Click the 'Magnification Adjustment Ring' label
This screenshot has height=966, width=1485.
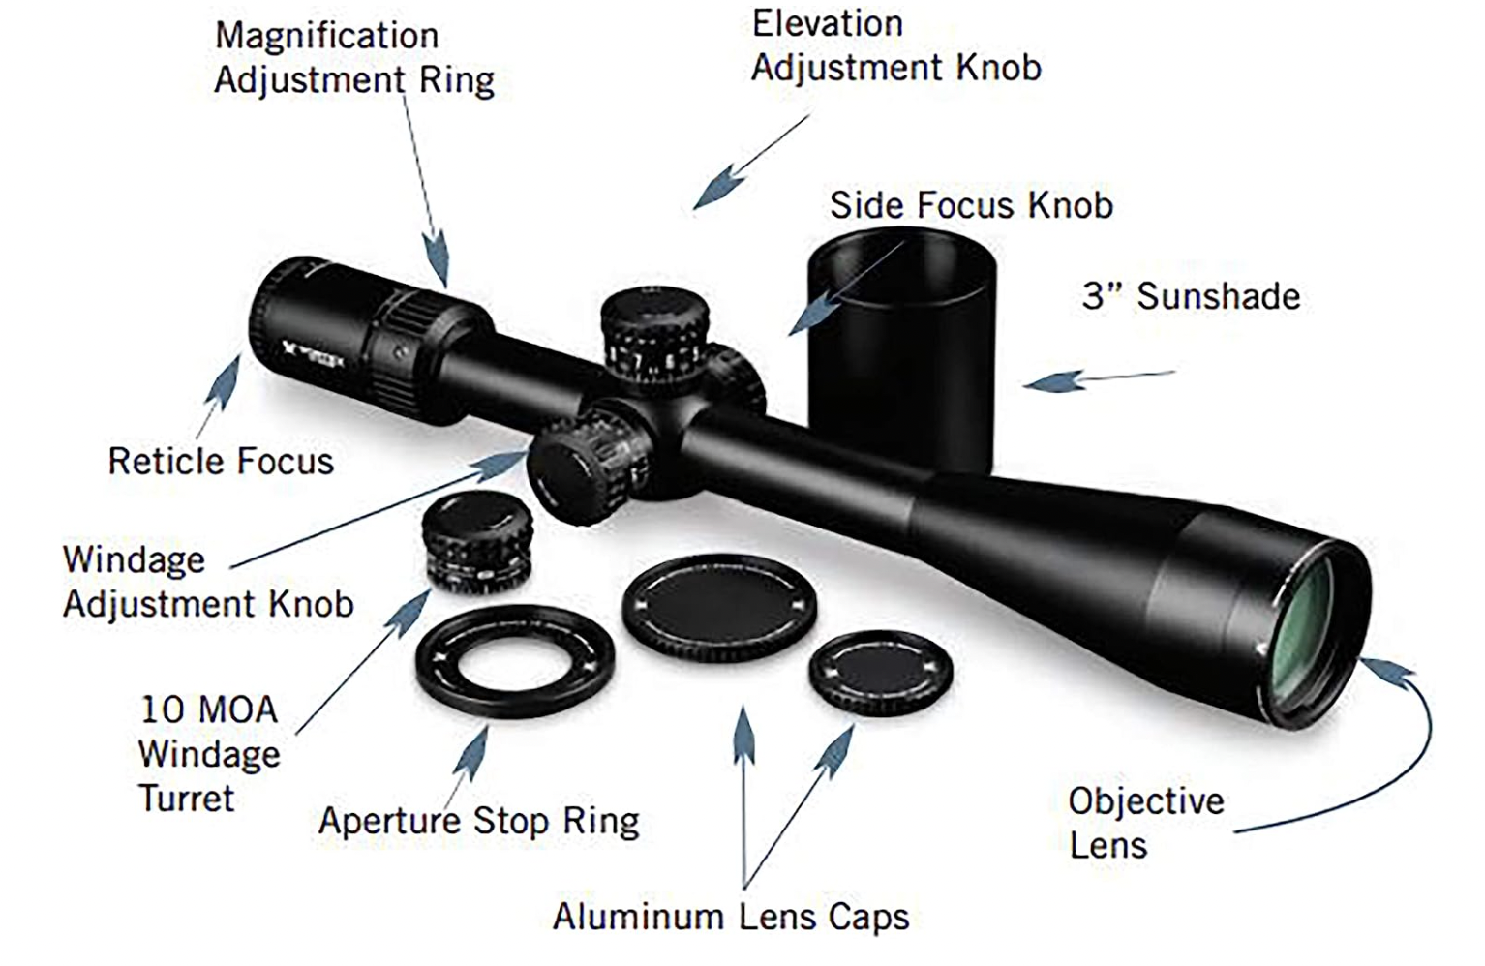(x=353, y=58)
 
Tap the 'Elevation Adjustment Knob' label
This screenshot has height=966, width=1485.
(x=895, y=45)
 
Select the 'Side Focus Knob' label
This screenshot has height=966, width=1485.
(x=971, y=205)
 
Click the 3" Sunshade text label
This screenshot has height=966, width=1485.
(x=1191, y=296)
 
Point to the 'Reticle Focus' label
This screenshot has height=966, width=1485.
(x=221, y=462)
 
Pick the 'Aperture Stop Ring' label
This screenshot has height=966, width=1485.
(x=479, y=822)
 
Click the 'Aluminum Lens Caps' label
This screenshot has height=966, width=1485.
(x=731, y=916)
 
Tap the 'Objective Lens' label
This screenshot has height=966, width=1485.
(x=1145, y=823)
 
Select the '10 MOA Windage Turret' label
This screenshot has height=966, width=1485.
(x=209, y=754)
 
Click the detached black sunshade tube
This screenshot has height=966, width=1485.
(x=900, y=348)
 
